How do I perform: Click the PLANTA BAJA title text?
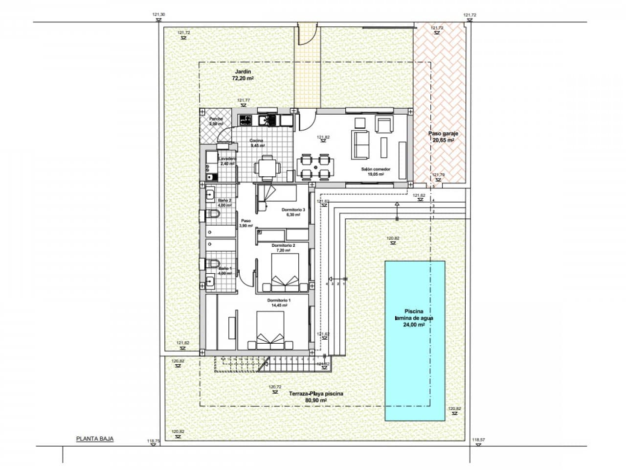point(95,439)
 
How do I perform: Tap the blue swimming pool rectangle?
point(415,340)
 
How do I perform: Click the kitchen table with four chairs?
point(267,167)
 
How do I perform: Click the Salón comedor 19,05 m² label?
point(373,171)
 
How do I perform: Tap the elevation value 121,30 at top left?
point(159,15)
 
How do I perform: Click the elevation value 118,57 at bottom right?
point(478,440)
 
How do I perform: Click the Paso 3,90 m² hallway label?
point(246,223)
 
